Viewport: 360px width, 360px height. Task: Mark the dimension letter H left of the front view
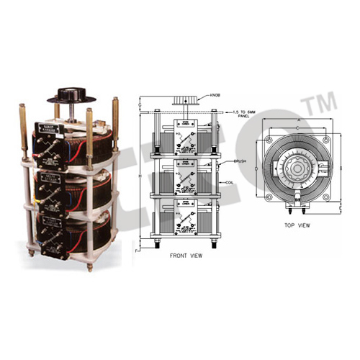[140, 177]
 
